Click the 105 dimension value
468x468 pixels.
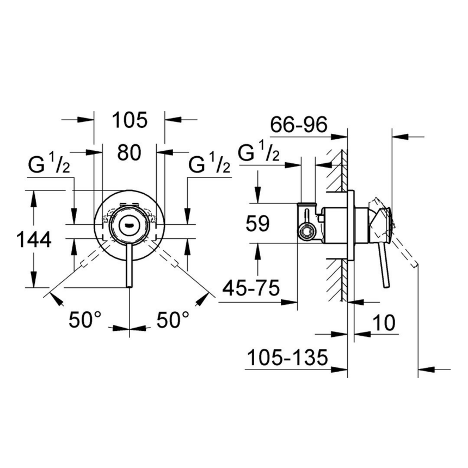coord(130,120)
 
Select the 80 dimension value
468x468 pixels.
coord(130,153)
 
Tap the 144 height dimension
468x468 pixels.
coord(34,239)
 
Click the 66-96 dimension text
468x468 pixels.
coord(299,126)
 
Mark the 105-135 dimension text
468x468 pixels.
coord(287,358)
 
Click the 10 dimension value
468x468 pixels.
coord(384,323)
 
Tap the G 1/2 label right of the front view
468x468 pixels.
coord(209,164)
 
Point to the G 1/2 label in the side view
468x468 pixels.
coord(259,153)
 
